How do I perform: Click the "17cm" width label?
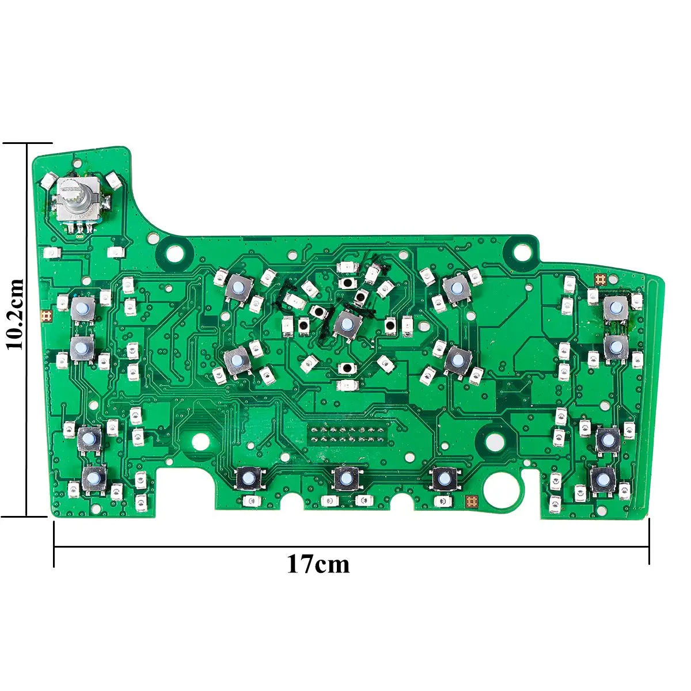[x=318, y=564]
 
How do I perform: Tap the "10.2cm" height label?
[x=16, y=314]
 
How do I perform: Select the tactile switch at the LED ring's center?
[x=347, y=324]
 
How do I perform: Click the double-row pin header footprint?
[x=347, y=434]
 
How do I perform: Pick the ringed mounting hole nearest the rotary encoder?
[x=174, y=253]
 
